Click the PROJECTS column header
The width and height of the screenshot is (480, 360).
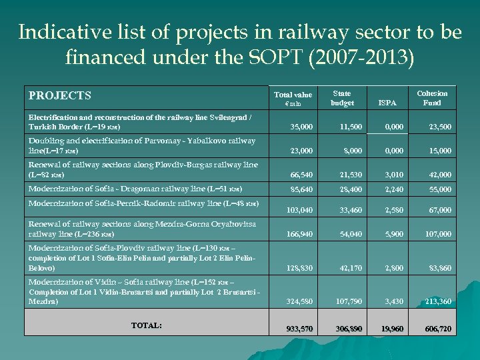tap(60, 96)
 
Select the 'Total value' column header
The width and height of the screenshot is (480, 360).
tap(293, 99)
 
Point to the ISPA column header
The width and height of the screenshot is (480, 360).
tap(387, 103)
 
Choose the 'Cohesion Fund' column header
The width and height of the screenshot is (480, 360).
tap(432, 98)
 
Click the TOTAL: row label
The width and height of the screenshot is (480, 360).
tap(146, 325)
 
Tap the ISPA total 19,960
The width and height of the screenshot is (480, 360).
tap(391, 329)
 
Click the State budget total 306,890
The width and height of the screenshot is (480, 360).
tap(348, 329)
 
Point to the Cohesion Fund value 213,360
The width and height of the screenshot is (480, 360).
tap(437, 302)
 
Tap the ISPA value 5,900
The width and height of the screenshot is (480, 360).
tap(393, 234)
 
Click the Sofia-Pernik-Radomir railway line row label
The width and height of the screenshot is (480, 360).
tap(143, 203)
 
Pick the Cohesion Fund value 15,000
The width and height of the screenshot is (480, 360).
tap(439, 151)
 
